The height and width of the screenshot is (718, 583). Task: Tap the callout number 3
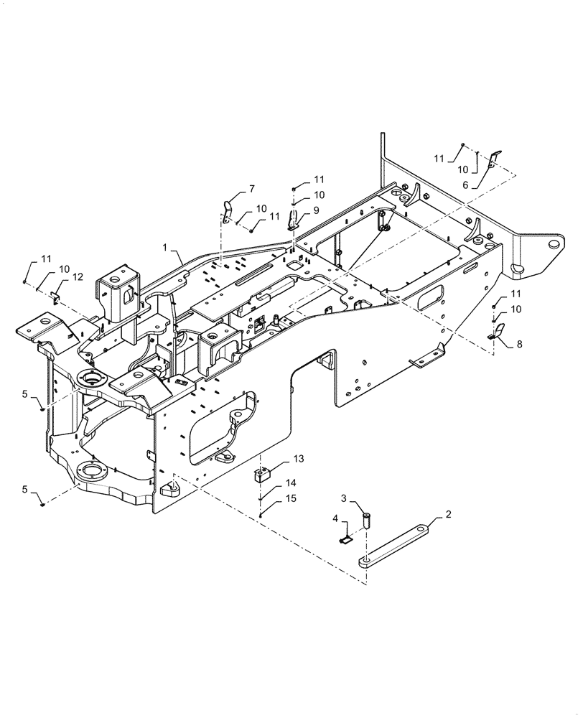pos(344,498)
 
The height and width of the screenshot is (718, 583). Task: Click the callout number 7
pos(251,189)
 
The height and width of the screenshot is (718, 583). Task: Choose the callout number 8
pos(519,344)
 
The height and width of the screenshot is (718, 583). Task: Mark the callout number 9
pos(317,210)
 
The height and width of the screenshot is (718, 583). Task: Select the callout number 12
pos(78,277)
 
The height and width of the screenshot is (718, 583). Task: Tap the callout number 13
pos(298,459)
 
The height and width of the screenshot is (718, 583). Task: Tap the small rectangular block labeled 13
pos(263,475)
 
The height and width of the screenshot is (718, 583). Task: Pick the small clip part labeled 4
pos(346,536)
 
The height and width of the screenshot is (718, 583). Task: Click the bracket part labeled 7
pos(228,213)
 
